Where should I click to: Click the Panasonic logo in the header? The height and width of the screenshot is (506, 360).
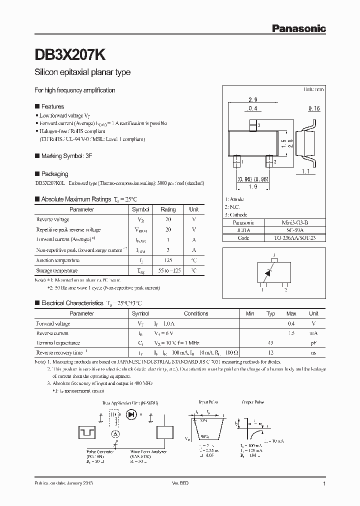298,29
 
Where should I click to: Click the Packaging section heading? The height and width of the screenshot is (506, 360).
54,174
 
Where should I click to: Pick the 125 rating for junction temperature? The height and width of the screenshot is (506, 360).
168,260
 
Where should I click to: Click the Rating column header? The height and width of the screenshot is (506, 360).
168,209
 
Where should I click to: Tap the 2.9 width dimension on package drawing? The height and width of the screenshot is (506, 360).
252,100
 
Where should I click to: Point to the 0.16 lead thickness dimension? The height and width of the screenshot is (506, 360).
314,108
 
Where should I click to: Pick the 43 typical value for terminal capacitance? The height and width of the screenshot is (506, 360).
270,343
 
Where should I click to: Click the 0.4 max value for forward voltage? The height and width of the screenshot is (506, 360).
291,323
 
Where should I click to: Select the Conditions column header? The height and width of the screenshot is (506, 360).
196,313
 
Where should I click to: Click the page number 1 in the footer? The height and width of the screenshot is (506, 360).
324,484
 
